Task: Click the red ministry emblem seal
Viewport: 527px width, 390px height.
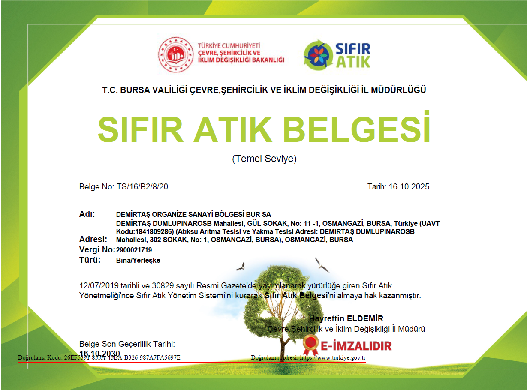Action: click(176, 55)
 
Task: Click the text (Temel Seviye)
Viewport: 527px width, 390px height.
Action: click(264, 159)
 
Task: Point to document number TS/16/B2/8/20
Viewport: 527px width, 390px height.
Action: click(142, 187)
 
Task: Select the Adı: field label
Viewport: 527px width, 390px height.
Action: click(87, 214)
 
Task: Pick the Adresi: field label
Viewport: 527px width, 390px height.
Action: click(93, 239)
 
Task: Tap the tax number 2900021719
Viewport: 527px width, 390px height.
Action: click(134, 250)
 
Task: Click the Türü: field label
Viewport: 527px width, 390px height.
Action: click(90, 260)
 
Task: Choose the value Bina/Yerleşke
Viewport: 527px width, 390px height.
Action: click(138, 260)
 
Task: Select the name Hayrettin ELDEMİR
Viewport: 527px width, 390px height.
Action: click(346, 318)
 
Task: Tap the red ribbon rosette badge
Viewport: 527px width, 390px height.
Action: click(310, 343)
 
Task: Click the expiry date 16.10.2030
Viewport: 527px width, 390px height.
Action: click(100, 353)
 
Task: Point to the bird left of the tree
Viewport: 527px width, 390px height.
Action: click(241, 267)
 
